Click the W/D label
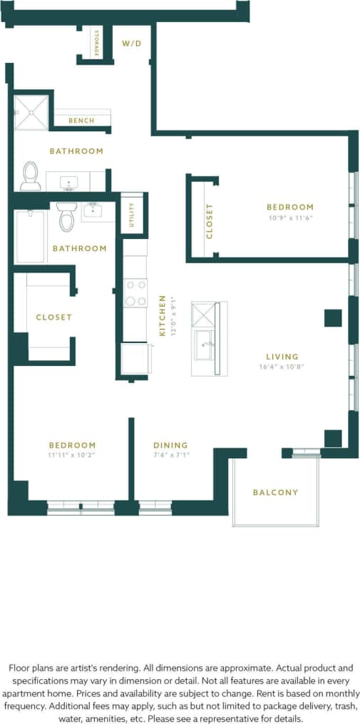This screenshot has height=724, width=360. (x=132, y=44)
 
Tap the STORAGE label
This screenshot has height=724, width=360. (x=95, y=44)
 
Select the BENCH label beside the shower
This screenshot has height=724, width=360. (x=81, y=121)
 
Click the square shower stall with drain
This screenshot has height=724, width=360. (x=31, y=112)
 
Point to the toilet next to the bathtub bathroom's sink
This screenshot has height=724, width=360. (x=66, y=217)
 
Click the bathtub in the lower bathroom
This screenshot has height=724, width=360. (x=30, y=236)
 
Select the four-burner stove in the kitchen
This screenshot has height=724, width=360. (x=135, y=292)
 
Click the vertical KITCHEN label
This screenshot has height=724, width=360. (x=163, y=315)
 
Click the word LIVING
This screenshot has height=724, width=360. (x=282, y=357)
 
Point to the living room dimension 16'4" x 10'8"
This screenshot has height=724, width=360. (x=282, y=367)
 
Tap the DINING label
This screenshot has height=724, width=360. (x=170, y=445)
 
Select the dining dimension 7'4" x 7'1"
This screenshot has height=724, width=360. (x=171, y=455)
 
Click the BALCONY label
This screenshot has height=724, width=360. (x=275, y=492)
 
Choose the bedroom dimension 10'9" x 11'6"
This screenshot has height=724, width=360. (x=290, y=218)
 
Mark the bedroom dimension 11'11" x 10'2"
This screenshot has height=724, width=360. (x=71, y=455)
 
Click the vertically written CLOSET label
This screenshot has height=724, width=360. (x=210, y=221)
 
